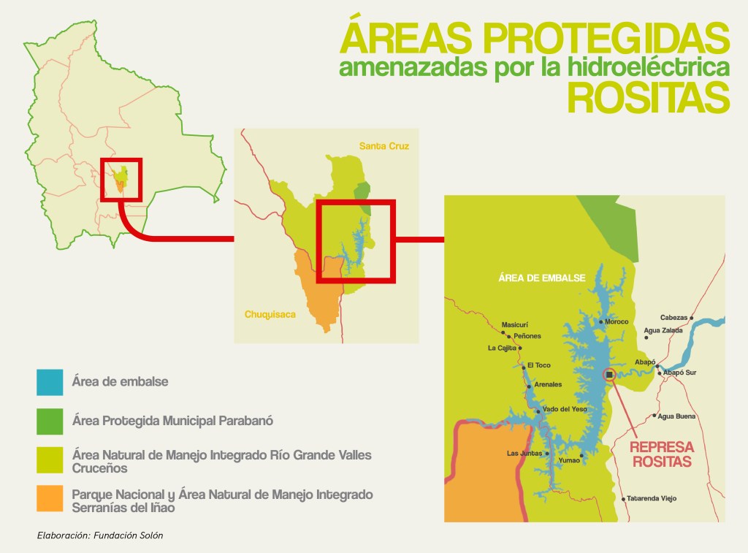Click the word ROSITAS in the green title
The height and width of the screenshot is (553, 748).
[649, 97]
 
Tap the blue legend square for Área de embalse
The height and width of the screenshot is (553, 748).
[50, 382]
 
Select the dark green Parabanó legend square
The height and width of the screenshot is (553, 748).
[50, 422]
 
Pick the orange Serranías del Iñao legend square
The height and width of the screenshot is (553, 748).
[50, 499]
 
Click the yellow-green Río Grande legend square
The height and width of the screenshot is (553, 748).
[50, 460]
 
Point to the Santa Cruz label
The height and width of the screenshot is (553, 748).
[384, 146]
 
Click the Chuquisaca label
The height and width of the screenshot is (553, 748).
[270, 314]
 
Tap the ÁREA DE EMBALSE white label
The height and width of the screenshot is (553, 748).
[542, 278]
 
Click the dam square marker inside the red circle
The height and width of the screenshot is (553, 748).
[609, 375]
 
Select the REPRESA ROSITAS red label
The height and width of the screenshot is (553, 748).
[662, 454]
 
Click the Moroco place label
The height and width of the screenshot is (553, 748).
[617, 321]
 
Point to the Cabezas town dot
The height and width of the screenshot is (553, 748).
[691, 318]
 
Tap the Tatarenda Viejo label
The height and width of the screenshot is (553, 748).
[652, 498]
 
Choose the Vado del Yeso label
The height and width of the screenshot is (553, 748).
[565, 409]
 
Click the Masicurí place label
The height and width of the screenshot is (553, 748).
[515, 325]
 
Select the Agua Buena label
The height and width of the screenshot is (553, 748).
[676, 416]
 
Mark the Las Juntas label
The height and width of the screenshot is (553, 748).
[524, 453]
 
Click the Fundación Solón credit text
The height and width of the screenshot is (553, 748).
[129, 535]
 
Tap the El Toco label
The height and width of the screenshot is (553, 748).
[539, 365]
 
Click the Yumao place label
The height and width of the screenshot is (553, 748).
[569, 460]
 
